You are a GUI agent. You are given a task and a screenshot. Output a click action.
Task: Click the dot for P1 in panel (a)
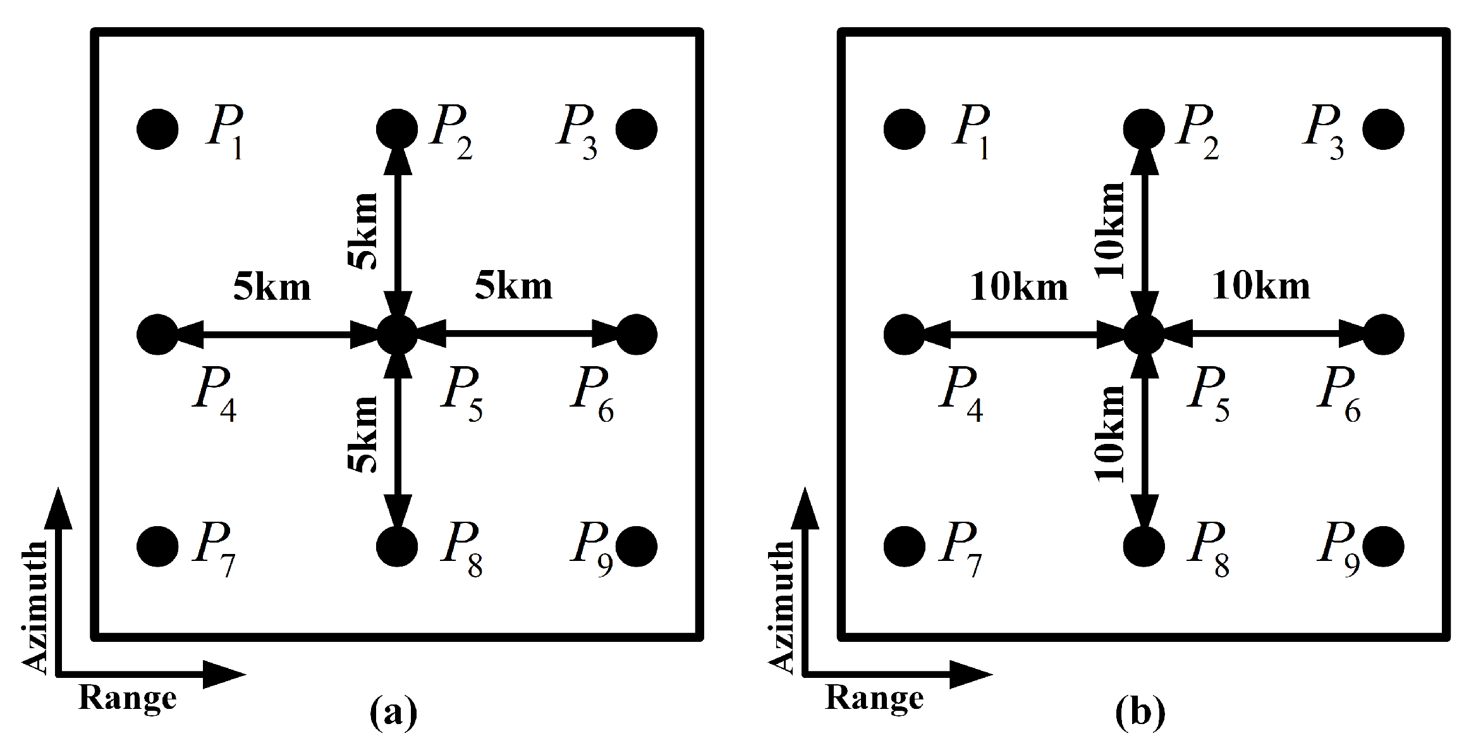pyautogui.click(x=157, y=129)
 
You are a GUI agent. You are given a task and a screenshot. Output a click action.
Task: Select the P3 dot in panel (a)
pyautogui.click(x=637, y=129)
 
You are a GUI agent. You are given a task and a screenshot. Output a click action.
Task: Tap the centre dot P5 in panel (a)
pyautogui.click(x=397, y=334)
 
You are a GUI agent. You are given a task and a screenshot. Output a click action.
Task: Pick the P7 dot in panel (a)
pyautogui.click(x=157, y=546)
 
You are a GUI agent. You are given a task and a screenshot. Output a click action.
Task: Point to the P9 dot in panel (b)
pyautogui.click(x=1384, y=546)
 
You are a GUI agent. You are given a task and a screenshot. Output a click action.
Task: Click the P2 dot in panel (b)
pyautogui.click(x=1144, y=129)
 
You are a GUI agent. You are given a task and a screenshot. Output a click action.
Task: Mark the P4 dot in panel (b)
pyautogui.click(x=905, y=334)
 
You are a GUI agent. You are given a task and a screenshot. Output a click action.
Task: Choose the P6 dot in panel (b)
pyautogui.click(x=1384, y=334)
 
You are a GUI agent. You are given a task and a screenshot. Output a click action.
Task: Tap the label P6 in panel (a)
pyautogui.click(x=592, y=395)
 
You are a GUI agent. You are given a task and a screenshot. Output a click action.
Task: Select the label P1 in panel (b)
pyautogui.click(x=972, y=133)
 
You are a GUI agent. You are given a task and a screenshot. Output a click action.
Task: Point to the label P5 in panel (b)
pyautogui.click(x=1209, y=395)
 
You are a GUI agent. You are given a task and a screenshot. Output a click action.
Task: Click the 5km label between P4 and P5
pyautogui.click(x=272, y=287)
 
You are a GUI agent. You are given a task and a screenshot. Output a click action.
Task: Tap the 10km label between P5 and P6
pyautogui.click(x=1260, y=287)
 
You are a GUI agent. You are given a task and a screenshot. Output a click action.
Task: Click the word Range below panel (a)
pyautogui.click(x=127, y=698)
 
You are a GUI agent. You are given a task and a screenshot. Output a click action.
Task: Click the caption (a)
pyautogui.click(x=393, y=713)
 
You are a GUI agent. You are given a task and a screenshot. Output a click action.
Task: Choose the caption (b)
pyautogui.click(x=1140, y=713)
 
